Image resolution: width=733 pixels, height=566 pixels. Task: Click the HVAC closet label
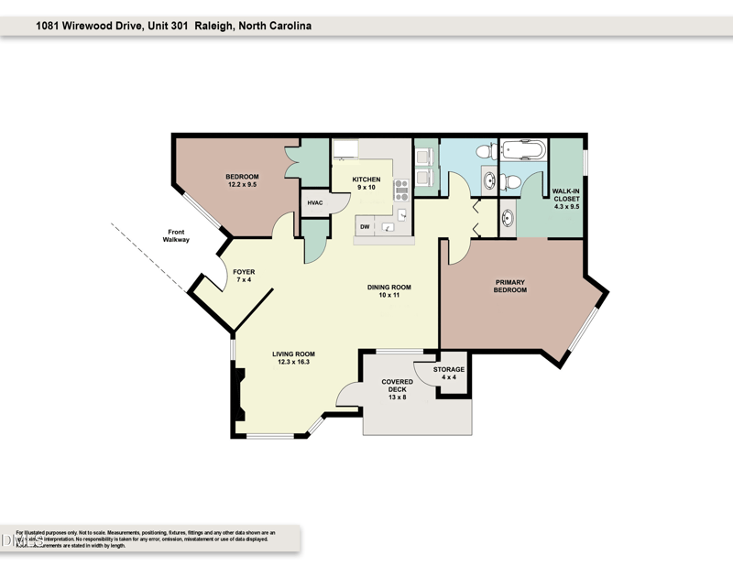[315, 202]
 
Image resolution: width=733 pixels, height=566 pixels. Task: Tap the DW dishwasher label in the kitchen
[365, 226]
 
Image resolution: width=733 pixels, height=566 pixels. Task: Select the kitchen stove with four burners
[400, 190]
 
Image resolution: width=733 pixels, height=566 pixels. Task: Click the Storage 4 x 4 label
[449, 374]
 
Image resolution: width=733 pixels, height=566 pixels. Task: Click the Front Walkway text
[176, 235]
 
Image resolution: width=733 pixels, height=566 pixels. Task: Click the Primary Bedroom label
[510, 286]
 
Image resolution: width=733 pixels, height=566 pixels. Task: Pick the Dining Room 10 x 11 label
[388, 290]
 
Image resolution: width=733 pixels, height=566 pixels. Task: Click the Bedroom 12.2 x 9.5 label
[243, 180]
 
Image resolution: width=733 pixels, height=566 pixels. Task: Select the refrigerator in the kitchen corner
[345, 151]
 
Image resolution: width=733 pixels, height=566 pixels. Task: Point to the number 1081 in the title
[49, 27]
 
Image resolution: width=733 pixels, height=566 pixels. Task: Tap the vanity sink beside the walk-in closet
[508, 218]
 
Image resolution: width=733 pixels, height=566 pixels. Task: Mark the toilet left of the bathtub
[484, 154]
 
